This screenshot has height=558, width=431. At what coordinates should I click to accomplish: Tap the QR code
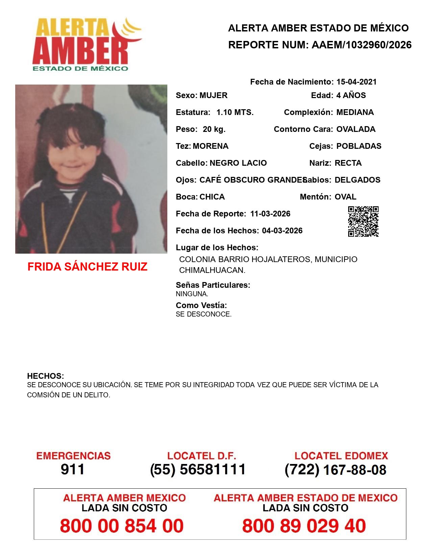363,222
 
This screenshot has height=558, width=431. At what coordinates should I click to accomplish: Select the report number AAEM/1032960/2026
361,45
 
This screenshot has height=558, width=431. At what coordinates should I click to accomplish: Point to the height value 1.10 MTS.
235,112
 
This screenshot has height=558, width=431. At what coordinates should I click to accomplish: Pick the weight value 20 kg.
214,129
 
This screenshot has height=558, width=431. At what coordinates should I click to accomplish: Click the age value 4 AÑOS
351,95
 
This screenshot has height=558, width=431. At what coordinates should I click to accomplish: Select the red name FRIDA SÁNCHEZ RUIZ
87,267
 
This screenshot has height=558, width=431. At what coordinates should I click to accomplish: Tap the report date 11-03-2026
270,214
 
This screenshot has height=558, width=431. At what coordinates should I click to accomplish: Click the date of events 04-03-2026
282,231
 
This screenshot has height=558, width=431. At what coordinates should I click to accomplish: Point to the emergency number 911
73,469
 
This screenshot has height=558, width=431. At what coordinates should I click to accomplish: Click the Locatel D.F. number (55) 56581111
198,469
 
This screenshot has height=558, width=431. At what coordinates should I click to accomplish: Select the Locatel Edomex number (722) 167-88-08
335,470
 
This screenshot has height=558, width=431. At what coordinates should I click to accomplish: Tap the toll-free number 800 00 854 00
122,526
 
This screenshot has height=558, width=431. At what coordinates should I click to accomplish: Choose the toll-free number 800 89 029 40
304,526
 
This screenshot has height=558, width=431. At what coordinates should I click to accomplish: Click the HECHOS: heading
45,376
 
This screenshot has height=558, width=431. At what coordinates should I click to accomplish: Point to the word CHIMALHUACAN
212,270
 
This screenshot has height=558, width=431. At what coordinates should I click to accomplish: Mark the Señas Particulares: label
213,285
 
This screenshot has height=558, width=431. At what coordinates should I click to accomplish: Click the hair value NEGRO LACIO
238,163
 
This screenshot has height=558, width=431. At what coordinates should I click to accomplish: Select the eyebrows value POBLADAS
359,146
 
